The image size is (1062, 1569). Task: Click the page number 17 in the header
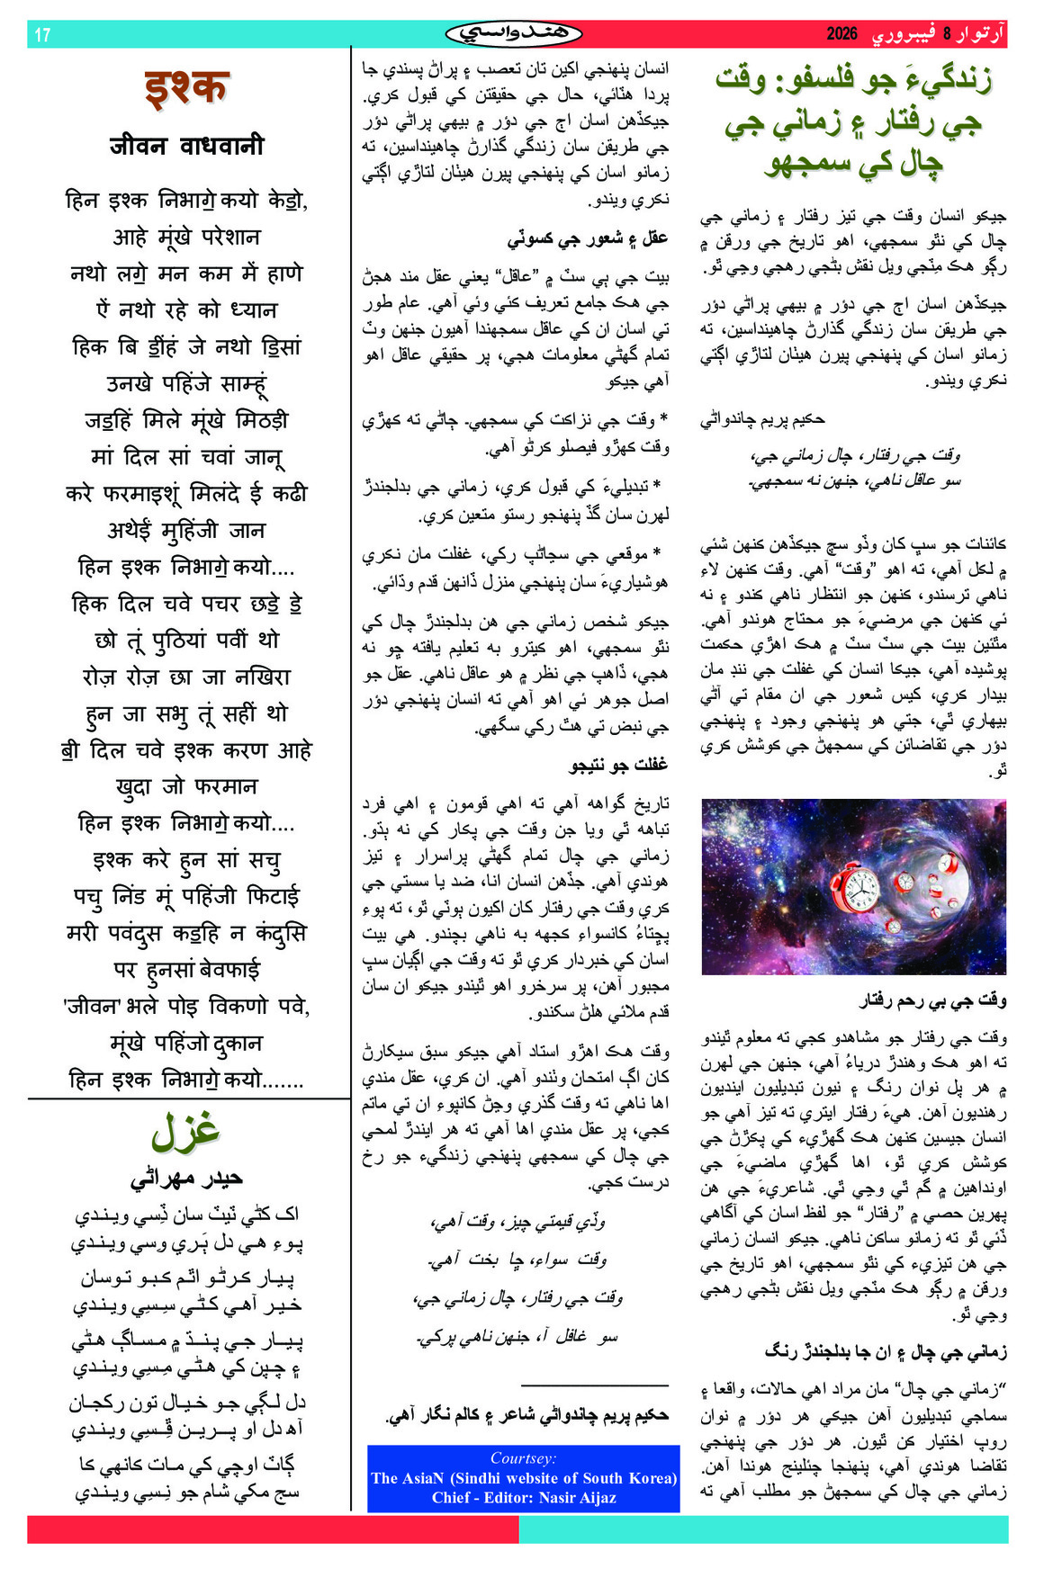[42, 35]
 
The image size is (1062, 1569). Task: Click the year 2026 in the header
[841, 34]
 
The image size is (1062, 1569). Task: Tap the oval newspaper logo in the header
[514, 34]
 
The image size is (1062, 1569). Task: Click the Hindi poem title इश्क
[186, 89]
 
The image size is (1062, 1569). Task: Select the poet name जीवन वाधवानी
[187, 146]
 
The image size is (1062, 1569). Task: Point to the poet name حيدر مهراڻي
[186, 1179]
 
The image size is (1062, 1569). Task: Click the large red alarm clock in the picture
[851, 886]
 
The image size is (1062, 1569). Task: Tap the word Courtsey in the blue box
[523, 1458]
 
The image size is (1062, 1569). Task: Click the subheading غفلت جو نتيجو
[619, 765]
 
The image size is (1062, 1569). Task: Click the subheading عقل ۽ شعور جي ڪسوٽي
[588, 238]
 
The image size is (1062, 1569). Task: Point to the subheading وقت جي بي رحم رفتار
[932, 1000]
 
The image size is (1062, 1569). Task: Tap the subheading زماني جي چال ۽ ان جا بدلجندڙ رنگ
[886, 1351]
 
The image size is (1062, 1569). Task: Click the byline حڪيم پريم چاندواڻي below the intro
[763, 418]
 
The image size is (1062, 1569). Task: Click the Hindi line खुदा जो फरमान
[187, 786]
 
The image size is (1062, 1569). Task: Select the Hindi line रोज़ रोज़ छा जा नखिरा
[187, 677]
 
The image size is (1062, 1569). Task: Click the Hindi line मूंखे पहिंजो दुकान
[186, 1043]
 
